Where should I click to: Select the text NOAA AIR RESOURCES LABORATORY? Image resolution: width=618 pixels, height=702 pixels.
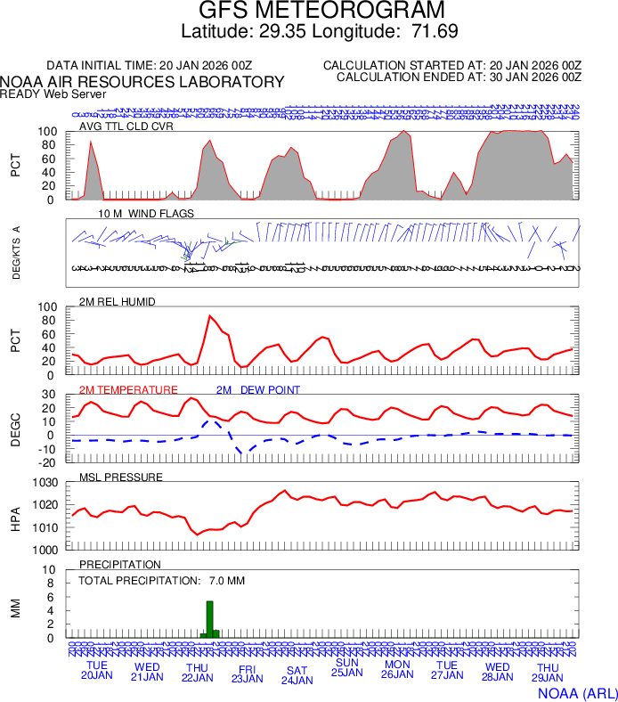(x=142, y=82)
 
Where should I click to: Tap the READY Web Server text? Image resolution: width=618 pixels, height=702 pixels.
(x=53, y=94)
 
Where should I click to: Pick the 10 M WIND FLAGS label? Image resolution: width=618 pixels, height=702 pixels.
(x=146, y=214)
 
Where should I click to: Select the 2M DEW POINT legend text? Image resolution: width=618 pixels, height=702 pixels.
(x=258, y=390)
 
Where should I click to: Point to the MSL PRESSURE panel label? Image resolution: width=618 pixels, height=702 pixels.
(x=121, y=478)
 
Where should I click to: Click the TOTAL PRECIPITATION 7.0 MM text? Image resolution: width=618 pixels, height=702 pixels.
(x=162, y=581)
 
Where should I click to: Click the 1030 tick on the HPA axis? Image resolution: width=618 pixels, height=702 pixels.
(x=46, y=484)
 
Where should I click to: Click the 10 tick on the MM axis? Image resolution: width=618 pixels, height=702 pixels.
(x=50, y=571)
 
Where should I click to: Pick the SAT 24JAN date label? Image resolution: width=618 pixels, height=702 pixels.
(x=297, y=675)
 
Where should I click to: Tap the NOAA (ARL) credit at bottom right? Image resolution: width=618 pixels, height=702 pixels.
(x=577, y=692)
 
